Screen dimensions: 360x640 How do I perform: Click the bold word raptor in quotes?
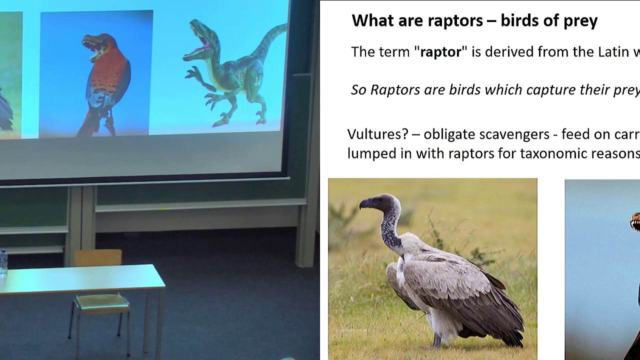(x=440, y=52)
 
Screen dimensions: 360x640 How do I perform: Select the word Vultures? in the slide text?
(x=378, y=134)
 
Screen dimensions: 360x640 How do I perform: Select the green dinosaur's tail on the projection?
(x=267, y=42)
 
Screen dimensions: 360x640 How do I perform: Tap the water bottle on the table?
(x=3, y=262)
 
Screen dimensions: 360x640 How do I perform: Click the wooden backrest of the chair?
(x=98, y=257)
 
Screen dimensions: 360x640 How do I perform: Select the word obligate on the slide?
(x=449, y=134)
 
